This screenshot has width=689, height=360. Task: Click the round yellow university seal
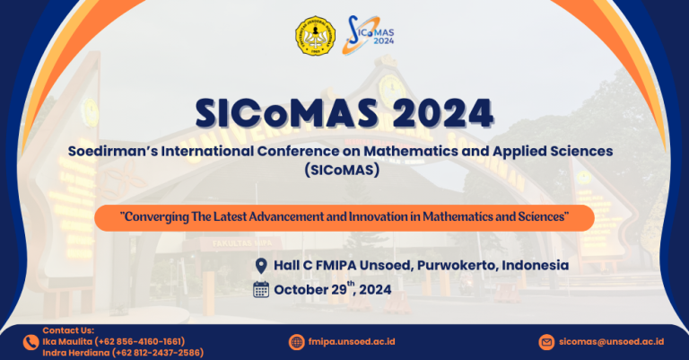click(x=315, y=36)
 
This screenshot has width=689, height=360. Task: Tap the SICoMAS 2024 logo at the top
click(x=368, y=35)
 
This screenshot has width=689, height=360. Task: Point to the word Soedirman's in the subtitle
click(x=113, y=151)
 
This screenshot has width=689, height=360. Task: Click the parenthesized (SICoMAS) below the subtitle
click(x=342, y=170)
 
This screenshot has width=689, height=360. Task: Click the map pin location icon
click(x=261, y=266)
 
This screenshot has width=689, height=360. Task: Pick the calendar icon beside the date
click(x=261, y=290)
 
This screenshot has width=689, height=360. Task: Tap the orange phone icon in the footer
click(x=31, y=342)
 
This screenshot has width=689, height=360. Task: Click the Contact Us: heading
click(x=68, y=330)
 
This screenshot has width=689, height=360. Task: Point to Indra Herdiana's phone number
click(x=158, y=353)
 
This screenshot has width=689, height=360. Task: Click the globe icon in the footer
click(x=297, y=342)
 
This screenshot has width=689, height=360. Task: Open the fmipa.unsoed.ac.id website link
click(x=352, y=341)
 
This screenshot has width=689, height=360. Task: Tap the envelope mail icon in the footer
click(x=546, y=342)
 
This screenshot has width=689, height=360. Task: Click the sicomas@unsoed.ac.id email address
click(x=611, y=341)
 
